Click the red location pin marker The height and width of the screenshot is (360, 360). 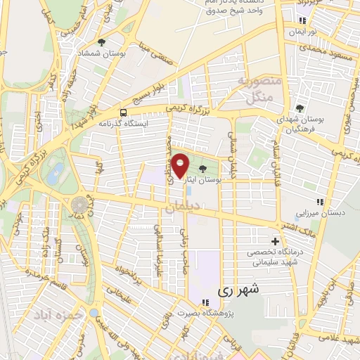tap(180, 166)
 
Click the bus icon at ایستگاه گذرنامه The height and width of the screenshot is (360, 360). tap(124, 112)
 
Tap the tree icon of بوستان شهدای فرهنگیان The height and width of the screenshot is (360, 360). tap(300, 108)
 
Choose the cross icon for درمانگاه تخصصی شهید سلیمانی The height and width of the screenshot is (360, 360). tap(275, 240)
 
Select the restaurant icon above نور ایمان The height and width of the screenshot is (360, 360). tap(302, 20)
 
